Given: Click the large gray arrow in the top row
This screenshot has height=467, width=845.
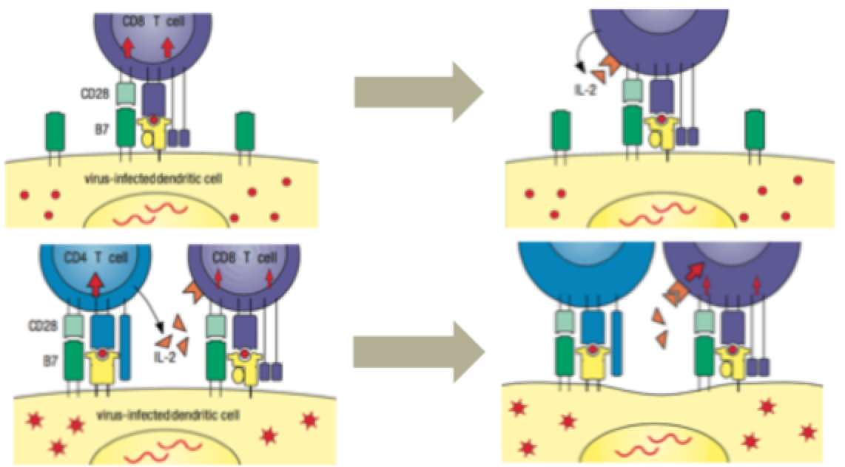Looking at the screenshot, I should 417,91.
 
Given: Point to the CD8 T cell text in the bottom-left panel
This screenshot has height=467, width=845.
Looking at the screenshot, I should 244,259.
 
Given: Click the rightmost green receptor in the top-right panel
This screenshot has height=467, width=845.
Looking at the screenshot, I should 754,132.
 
